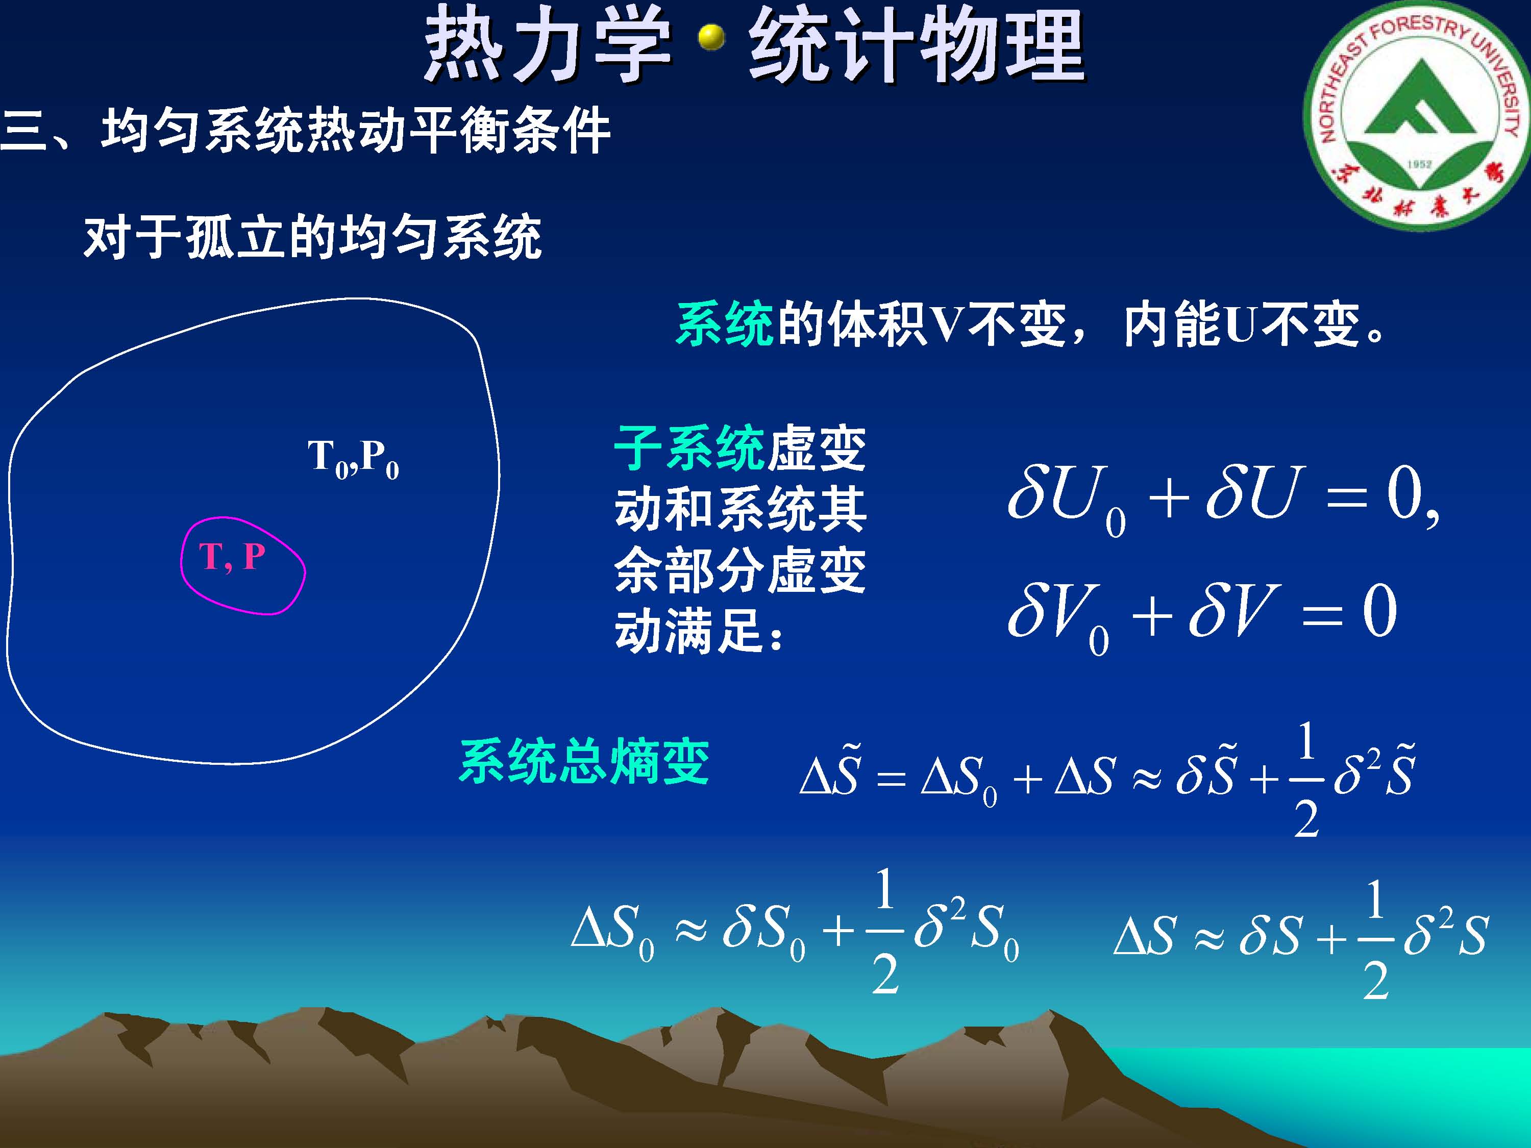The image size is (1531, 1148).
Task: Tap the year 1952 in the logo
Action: [x=1419, y=164]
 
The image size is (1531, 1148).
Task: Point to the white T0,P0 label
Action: [x=353, y=459]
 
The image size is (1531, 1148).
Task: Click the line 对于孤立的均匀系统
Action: [x=312, y=237]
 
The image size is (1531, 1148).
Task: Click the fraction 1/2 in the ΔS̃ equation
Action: [x=1306, y=779]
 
